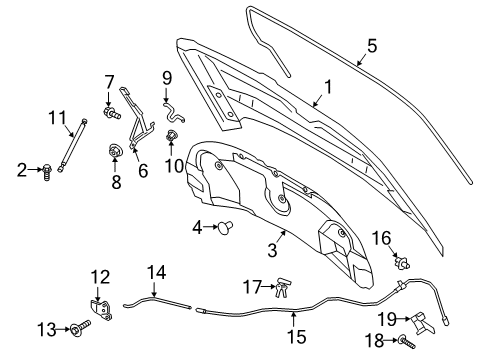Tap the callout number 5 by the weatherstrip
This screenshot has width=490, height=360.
pyautogui.click(x=371, y=44)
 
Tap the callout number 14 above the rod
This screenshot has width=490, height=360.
pyautogui.click(x=156, y=272)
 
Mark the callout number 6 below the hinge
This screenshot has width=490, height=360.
pyautogui.click(x=142, y=172)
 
